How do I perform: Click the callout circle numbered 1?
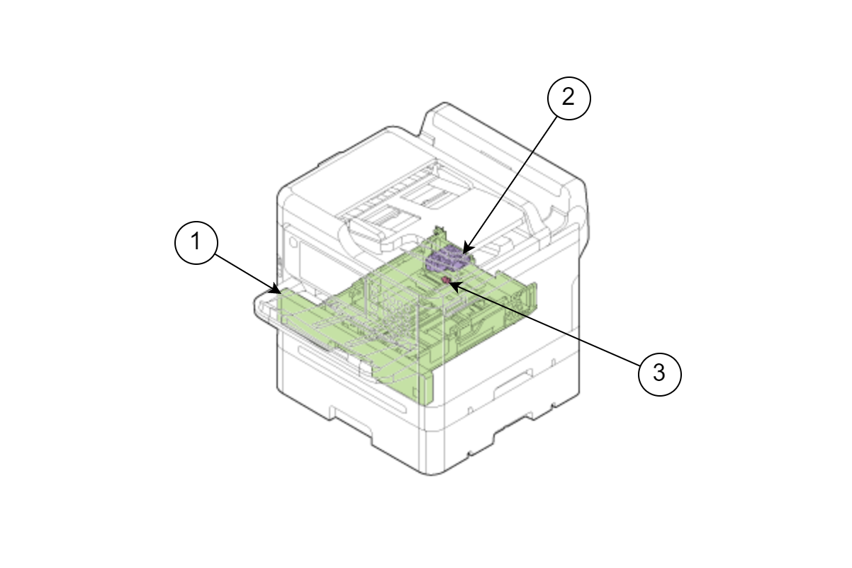tap(196, 242)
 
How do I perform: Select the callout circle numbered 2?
tap(568, 98)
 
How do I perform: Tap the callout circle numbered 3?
tap(659, 375)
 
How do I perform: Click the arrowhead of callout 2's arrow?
tap(467, 248)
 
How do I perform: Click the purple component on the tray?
tap(448, 259)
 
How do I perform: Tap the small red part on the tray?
tap(447, 280)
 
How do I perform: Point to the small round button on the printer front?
tap(293, 242)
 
